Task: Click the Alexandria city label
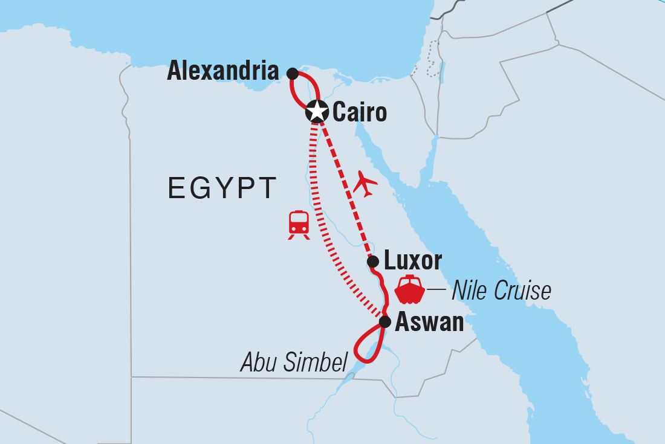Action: (223, 72)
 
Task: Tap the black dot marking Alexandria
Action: (293, 74)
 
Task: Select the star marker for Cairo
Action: (317, 112)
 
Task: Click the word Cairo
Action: (359, 112)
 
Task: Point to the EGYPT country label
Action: (222, 188)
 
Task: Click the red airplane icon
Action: (365, 183)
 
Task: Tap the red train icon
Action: (299, 225)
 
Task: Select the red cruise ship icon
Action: (410, 290)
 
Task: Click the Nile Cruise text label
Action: (501, 291)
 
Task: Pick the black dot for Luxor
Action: (373, 262)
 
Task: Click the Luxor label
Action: (413, 262)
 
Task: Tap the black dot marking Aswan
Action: (384, 322)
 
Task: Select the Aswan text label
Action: (429, 323)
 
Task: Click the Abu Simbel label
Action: (294, 362)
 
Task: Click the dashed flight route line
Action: (345, 187)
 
